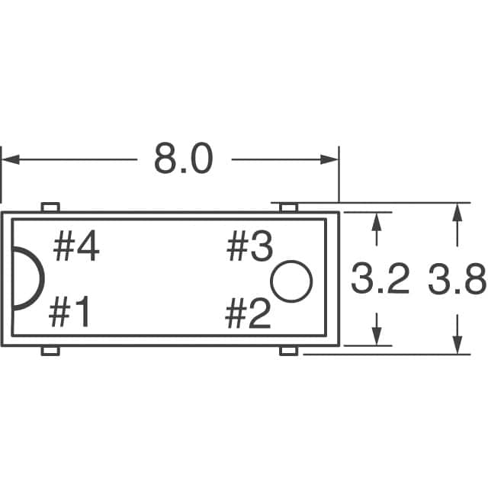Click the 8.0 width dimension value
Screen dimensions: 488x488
point(183,159)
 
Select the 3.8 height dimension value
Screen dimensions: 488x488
point(457,281)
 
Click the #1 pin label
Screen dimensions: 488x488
point(71,313)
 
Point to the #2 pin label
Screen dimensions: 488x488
point(249,313)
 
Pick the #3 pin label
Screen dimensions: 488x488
point(249,248)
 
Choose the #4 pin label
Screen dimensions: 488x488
point(76,249)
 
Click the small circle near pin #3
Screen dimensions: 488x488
point(293,281)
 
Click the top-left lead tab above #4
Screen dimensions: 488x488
point(50,207)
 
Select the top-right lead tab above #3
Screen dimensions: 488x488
point(288,207)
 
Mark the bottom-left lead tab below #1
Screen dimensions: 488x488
point(50,350)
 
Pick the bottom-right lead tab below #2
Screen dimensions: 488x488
point(288,350)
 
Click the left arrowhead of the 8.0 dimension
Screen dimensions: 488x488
point(9,159)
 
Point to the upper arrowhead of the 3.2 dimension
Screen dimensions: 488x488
point(376,220)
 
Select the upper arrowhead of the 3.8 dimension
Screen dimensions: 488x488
point(457,211)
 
